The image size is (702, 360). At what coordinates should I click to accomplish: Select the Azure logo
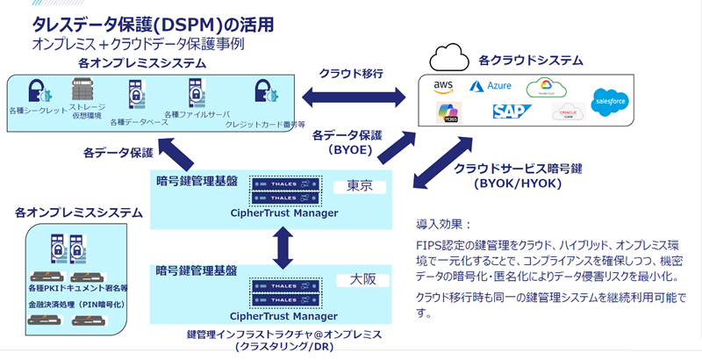click(490, 87)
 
